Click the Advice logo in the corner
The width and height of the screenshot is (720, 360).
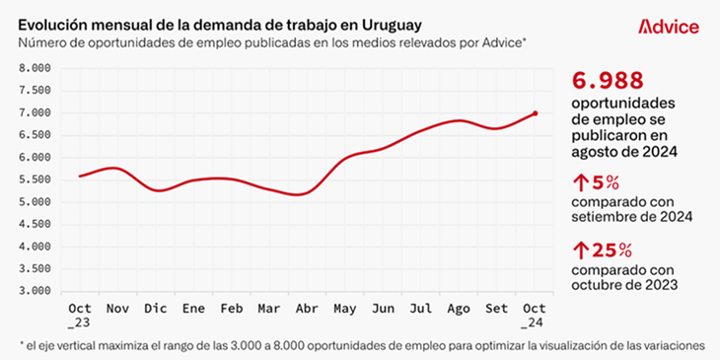669,27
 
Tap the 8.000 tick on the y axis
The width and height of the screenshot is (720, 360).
35,68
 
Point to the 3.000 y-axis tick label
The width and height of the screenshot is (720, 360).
35,291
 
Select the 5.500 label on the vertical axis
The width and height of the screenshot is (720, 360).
35,180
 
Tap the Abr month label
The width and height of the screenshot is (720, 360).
307,308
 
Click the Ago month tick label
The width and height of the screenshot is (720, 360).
460,308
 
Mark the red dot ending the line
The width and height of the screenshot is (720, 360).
536,113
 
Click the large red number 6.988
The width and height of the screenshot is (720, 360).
608,80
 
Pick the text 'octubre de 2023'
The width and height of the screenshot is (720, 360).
625,285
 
